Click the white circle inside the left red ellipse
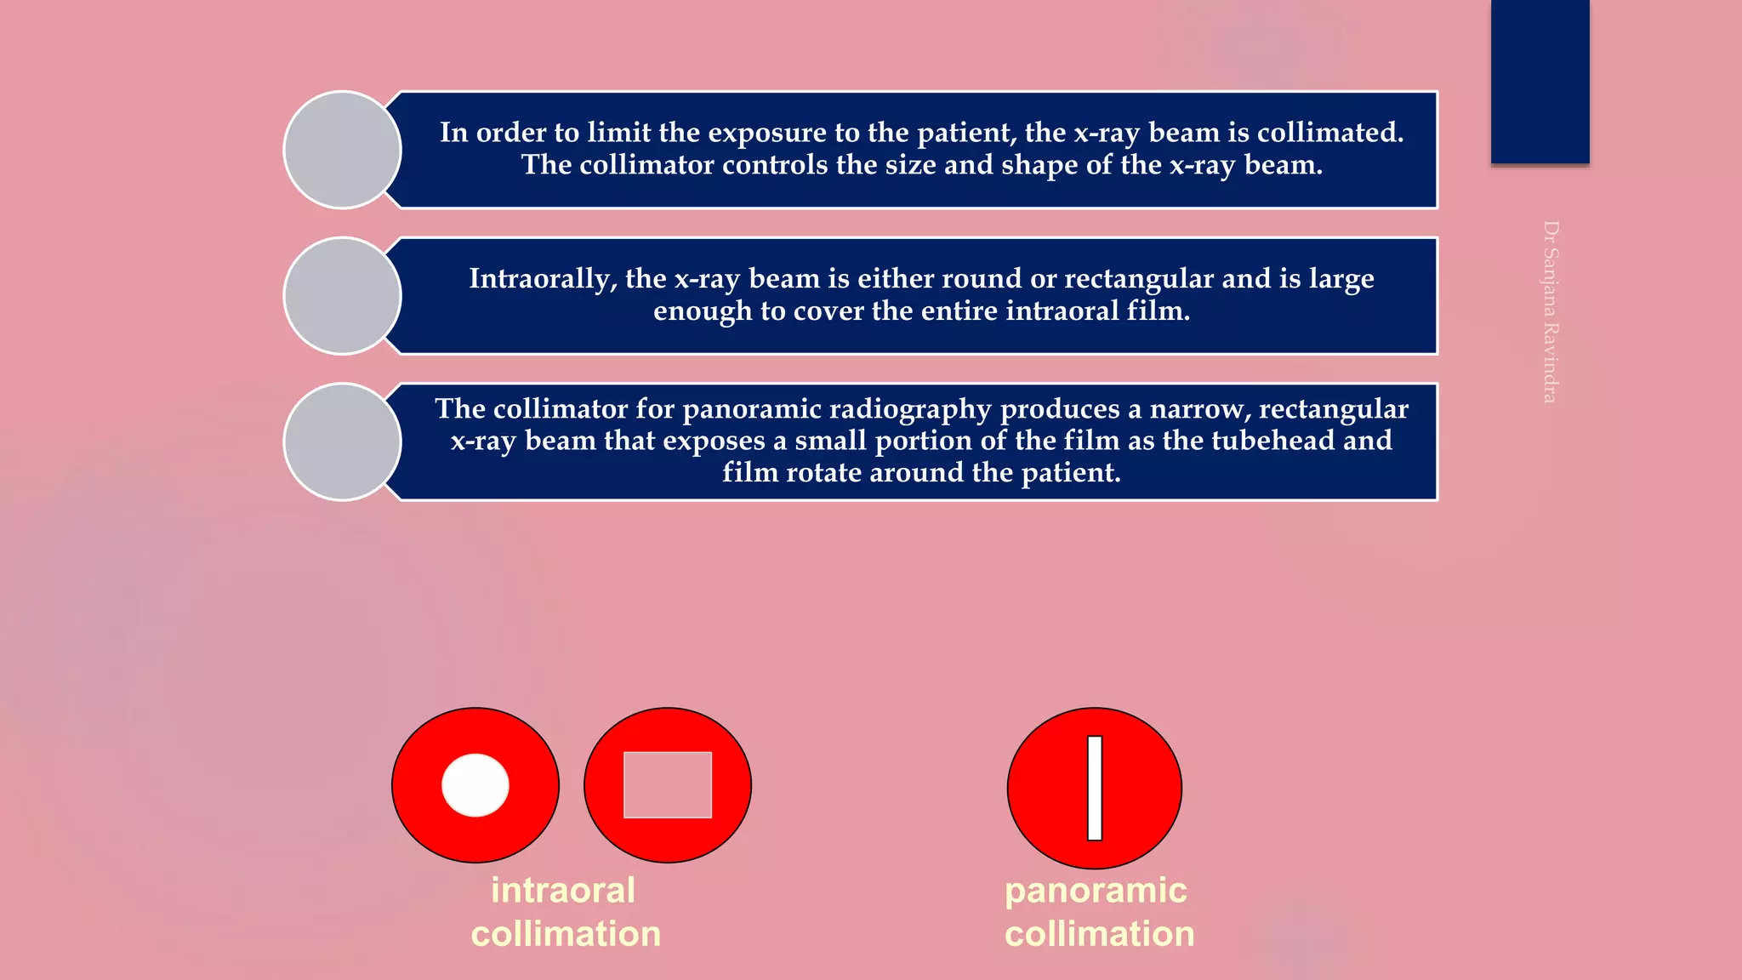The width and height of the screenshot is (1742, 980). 475,785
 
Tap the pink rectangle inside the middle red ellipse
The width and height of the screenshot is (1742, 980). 668,785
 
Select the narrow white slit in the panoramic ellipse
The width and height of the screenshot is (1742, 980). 1095,788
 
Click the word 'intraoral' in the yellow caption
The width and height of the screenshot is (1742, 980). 563,891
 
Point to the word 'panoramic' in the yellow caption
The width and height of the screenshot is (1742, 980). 1096,891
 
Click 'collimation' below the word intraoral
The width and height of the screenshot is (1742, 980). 566,934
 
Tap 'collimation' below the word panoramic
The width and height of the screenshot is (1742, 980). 1100,934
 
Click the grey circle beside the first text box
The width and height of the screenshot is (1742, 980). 342,150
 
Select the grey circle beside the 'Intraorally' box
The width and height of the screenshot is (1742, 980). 342,296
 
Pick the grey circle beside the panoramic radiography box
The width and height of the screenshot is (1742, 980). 342,442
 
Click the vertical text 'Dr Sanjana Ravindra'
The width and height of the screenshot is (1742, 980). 1551,312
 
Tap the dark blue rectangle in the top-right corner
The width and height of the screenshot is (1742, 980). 1540,82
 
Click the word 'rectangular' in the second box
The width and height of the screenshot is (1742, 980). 1139,279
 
